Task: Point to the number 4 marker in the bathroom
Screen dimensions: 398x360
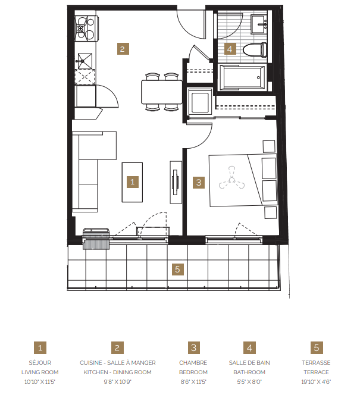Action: click(x=230, y=49)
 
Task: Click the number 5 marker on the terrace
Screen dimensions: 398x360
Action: click(x=177, y=269)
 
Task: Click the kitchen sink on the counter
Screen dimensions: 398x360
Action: click(x=84, y=60)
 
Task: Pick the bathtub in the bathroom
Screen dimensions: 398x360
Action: click(x=242, y=77)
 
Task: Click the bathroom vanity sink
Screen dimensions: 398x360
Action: click(x=260, y=24)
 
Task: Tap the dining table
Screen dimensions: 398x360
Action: click(x=162, y=92)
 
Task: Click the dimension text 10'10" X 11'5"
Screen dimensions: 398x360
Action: click(x=39, y=381)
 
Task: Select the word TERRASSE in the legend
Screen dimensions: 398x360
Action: click(x=316, y=363)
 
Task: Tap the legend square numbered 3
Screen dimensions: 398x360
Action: click(x=193, y=347)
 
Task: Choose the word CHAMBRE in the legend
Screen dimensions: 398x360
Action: click(x=193, y=363)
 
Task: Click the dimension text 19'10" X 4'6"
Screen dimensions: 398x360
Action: click(x=316, y=381)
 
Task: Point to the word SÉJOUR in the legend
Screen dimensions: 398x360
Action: click(x=39, y=363)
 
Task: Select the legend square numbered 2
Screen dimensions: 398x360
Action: click(x=117, y=347)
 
